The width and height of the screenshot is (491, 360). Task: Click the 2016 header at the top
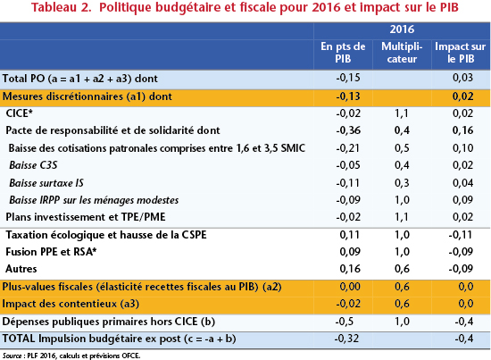click(x=402, y=29)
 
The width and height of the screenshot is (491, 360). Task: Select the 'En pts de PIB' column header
click(x=343, y=53)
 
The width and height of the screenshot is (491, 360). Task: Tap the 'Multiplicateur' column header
click(x=402, y=53)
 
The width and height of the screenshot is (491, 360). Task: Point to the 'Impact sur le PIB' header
click(x=461, y=53)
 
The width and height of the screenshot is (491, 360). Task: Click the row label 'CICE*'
click(x=19, y=113)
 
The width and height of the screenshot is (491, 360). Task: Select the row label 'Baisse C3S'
click(x=33, y=165)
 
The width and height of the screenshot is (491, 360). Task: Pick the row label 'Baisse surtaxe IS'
click(x=46, y=182)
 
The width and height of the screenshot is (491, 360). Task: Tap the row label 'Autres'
click(x=21, y=269)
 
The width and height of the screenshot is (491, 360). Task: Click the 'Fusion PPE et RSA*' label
click(x=51, y=252)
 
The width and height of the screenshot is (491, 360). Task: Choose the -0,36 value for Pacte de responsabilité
click(x=348, y=130)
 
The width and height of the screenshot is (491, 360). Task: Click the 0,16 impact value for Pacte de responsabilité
click(x=462, y=130)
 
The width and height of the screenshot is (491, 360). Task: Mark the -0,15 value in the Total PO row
click(x=348, y=78)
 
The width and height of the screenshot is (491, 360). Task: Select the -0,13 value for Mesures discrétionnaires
click(x=348, y=96)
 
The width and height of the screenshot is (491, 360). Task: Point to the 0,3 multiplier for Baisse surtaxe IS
click(x=402, y=182)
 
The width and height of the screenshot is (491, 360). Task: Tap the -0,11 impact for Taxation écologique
click(x=461, y=234)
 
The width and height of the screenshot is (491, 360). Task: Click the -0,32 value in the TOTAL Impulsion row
click(x=346, y=339)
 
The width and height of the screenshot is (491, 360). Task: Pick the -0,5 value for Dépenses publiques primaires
click(x=345, y=322)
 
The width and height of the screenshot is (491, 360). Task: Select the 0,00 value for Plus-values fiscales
click(x=350, y=287)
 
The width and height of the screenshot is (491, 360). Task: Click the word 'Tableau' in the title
click(x=54, y=7)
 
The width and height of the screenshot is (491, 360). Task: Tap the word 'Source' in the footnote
click(x=12, y=356)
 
